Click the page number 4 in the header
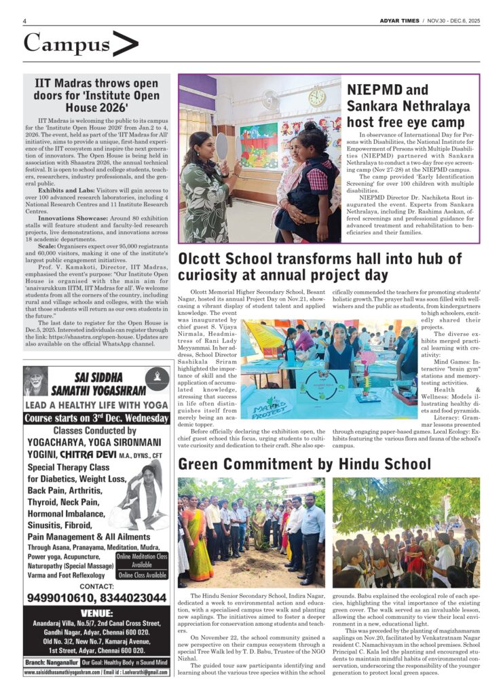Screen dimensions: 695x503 pyautogui.click(x=24, y=21)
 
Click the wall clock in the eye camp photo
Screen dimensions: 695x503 pyautogui.click(x=316, y=97)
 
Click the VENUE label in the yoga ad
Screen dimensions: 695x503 pyautogui.click(x=96, y=612)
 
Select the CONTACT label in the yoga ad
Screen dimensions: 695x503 pyautogui.click(x=96, y=584)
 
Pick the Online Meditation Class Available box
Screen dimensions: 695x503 pyautogui.click(x=142, y=560)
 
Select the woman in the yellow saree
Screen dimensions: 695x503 pyautogui.click(x=199, y=540)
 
